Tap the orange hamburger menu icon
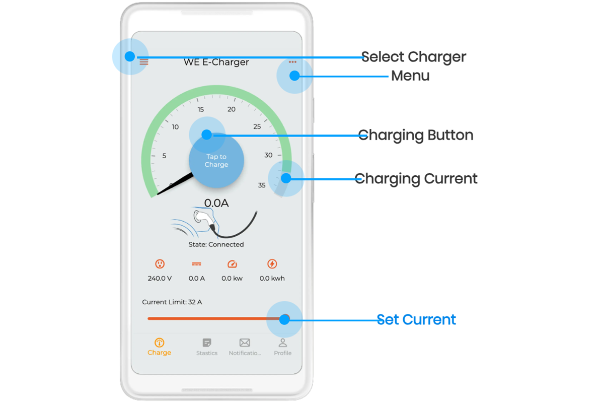click(144, 62)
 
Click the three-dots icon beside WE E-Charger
click(292, 62)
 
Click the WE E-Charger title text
click(216, 62)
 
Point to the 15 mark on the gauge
click(201, 109)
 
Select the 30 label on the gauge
click(268, 155)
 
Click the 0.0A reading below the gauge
click(216, 203)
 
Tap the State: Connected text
click(216, 244)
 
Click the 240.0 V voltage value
click(160, 278)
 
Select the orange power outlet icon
click(160, 264)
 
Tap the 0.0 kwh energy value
click(272, 278)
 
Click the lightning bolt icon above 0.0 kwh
click(272, 264)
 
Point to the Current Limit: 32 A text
click(172, 302)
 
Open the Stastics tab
click(207, 347)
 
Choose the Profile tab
click(282, 347)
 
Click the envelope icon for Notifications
click(245, 343)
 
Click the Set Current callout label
click(416, 319)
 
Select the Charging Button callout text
click(416, 135)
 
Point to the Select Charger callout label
click(414, 57)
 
